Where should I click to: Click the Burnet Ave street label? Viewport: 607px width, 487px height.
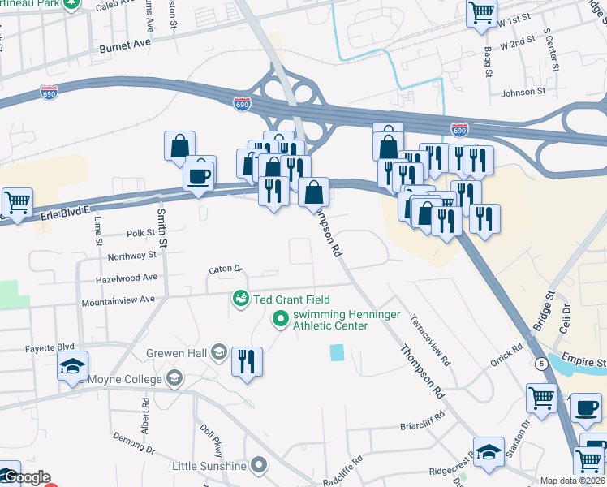coord(126,48)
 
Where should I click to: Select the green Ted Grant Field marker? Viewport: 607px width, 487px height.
coord(241,300)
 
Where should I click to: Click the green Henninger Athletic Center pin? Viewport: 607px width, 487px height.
coord(281,319)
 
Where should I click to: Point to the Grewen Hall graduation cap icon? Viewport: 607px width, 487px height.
coord(218,352)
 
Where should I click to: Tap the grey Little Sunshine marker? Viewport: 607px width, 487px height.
coord(259,465)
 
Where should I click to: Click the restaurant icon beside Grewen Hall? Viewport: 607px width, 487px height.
coord(248,360)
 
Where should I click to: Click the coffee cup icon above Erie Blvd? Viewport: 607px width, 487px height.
coord(199,175)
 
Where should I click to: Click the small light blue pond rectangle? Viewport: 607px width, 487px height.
coord(337,353)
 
